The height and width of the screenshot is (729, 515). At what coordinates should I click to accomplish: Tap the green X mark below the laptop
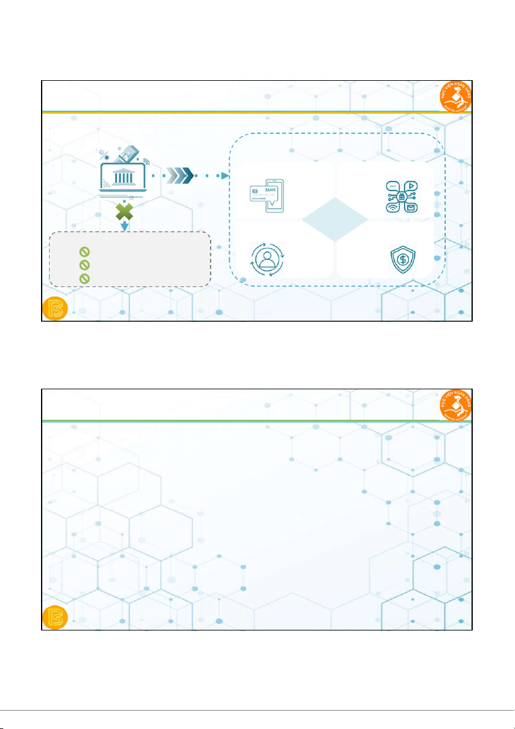coord(124,212)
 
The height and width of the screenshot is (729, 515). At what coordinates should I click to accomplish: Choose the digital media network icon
coord(400,196)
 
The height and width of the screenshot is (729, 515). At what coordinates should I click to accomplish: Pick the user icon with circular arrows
coord(267,260)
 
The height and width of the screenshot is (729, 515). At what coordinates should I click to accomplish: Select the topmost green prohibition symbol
coord(85,252)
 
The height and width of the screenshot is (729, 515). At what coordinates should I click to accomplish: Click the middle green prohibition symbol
coord(85,264)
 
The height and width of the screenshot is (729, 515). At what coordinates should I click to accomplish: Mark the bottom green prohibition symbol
coord(85,278)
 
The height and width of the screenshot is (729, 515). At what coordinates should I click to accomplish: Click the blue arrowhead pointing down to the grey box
coord(125,227)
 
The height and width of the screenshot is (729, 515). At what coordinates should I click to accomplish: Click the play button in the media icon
coord(409,185)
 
